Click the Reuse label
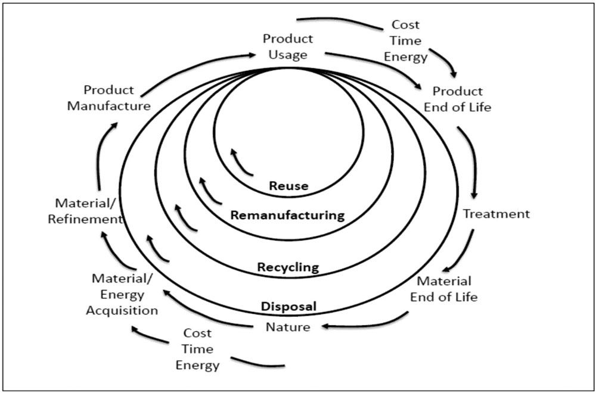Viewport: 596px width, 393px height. tap(288, 186)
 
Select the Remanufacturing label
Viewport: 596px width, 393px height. tap(288, 216)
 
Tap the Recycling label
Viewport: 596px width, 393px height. tap(288, 267)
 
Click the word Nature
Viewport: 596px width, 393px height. tap(288, 326)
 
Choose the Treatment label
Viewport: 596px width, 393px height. tap(496, 214)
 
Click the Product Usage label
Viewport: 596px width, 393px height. tap(288, 46)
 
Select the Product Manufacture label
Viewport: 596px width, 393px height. tap(109, 98)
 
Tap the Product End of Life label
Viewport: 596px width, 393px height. tap(458, 99)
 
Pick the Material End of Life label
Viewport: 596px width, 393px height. tap(444, 289)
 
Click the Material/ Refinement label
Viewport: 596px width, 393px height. tap(85, 211)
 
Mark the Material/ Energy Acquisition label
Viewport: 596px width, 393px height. tap(122, 294)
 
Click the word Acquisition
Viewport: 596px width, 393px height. tap(122, 310)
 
